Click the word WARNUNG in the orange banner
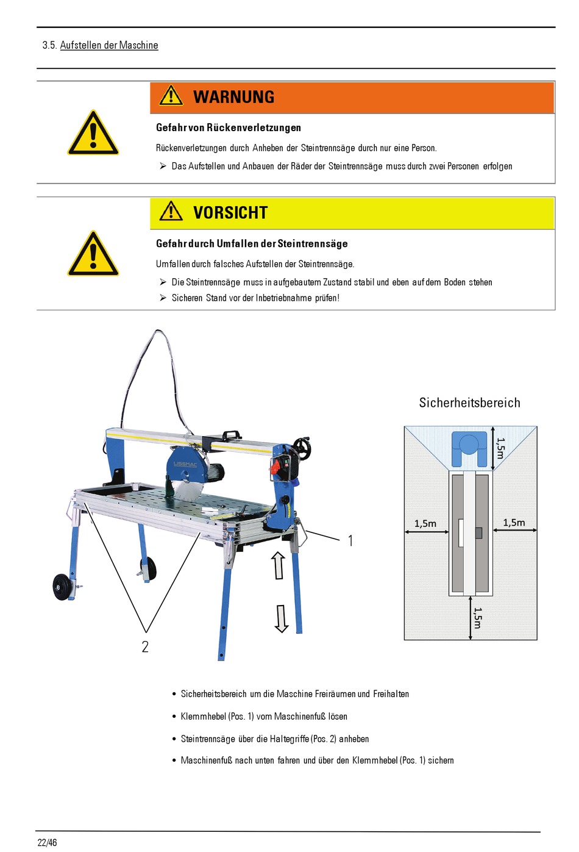click(234, 97)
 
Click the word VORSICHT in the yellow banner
click(230, 213)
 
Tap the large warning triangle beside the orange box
click(93, 133)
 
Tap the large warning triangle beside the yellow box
click(93, 253)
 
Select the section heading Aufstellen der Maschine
click(109, 45)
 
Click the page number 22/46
click(47, 842)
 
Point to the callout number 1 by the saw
click(350, 540)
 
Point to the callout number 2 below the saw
click(145, 646)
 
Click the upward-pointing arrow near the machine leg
click(279, 565)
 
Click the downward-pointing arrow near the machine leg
click(282, 619)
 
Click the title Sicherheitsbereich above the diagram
click(469, 403)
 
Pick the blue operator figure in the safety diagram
click(469, 449)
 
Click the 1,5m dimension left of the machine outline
click(425, 524)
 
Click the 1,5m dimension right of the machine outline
click(514, 523)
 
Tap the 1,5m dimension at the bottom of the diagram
click(477, 618)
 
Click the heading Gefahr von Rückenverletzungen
click(229, 128)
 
